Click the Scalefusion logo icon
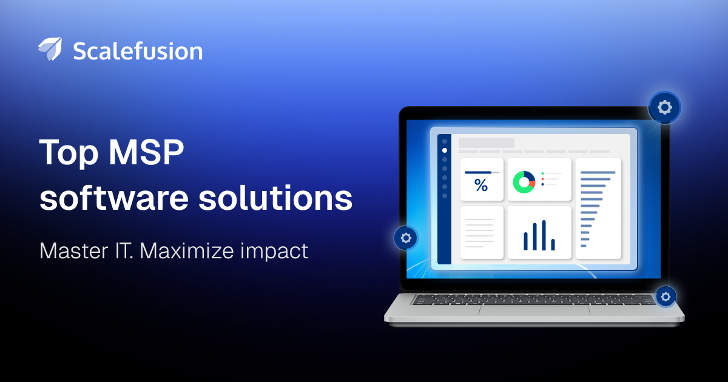(50, 49)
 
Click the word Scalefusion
(138, 52)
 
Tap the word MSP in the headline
(146, 152)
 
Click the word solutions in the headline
(275, 197)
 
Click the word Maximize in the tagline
(187, 251)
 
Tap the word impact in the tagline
(274, 252)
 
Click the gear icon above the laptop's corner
(665, 107)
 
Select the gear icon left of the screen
(406, 238)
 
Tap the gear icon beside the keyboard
(666, 297)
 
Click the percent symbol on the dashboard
(481, 185)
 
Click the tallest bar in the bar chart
(544, 235)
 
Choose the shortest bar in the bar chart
(553, 244)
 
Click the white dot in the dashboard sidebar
(445, 150)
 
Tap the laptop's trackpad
(534, 310)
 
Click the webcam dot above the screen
(534, 110)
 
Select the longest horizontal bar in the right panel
(598, 172)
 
